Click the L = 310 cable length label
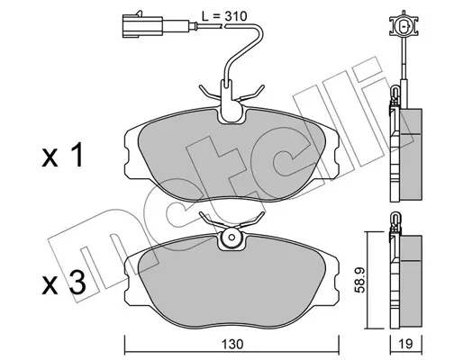(224, 16)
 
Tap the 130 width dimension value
(231, 344)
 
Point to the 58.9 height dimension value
(359, 280)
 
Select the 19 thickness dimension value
(406, 344)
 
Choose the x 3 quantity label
(64, 283)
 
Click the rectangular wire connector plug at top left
(142, 26)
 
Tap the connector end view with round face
(404, 26)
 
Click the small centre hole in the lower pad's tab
(231, 237)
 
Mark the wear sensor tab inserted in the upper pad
(231, 101)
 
